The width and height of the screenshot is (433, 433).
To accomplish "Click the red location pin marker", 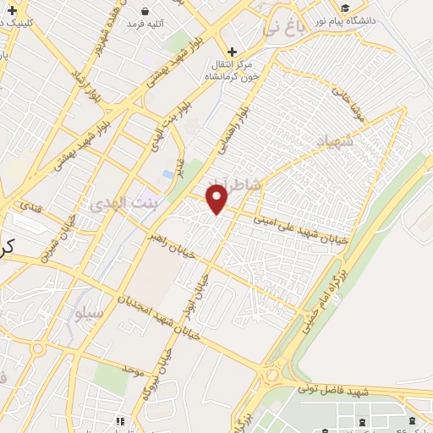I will point(218,199).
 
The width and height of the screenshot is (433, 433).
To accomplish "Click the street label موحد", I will point(134,370).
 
